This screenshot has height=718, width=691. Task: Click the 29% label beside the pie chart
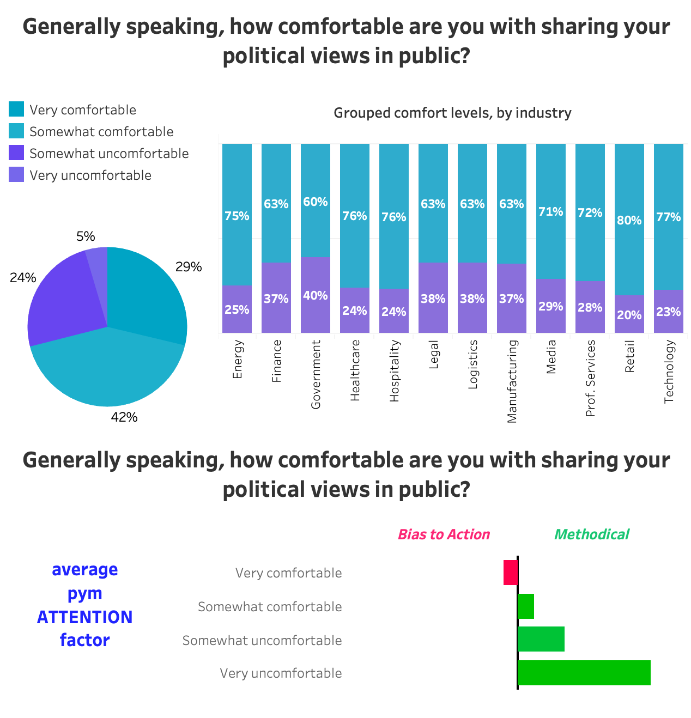[189, 267]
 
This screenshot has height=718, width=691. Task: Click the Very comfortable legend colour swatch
[16, 109]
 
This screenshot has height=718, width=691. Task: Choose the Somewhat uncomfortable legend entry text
[109, 154]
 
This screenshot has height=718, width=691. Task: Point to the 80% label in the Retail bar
[629, 221]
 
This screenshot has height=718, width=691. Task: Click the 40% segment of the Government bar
[316, 295]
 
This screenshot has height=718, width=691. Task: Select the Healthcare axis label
[355, 370]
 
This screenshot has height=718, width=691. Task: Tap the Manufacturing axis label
[512, 381]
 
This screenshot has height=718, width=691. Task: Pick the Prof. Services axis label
[590, 378]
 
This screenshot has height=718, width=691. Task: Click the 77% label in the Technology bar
[669, 217]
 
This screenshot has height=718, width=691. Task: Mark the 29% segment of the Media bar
[551, 306]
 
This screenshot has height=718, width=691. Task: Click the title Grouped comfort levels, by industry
[452, 113]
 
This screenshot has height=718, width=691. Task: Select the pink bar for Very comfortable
[510, 573]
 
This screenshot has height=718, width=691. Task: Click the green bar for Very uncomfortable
[584, 673]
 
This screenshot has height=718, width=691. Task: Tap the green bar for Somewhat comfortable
[526, 606]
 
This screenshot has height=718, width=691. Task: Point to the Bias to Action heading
[444, 534]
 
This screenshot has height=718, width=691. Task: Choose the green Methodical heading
[591, 534]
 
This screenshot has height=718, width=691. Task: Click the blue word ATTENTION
[85, 617]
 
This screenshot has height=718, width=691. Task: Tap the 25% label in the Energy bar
[237, 309]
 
